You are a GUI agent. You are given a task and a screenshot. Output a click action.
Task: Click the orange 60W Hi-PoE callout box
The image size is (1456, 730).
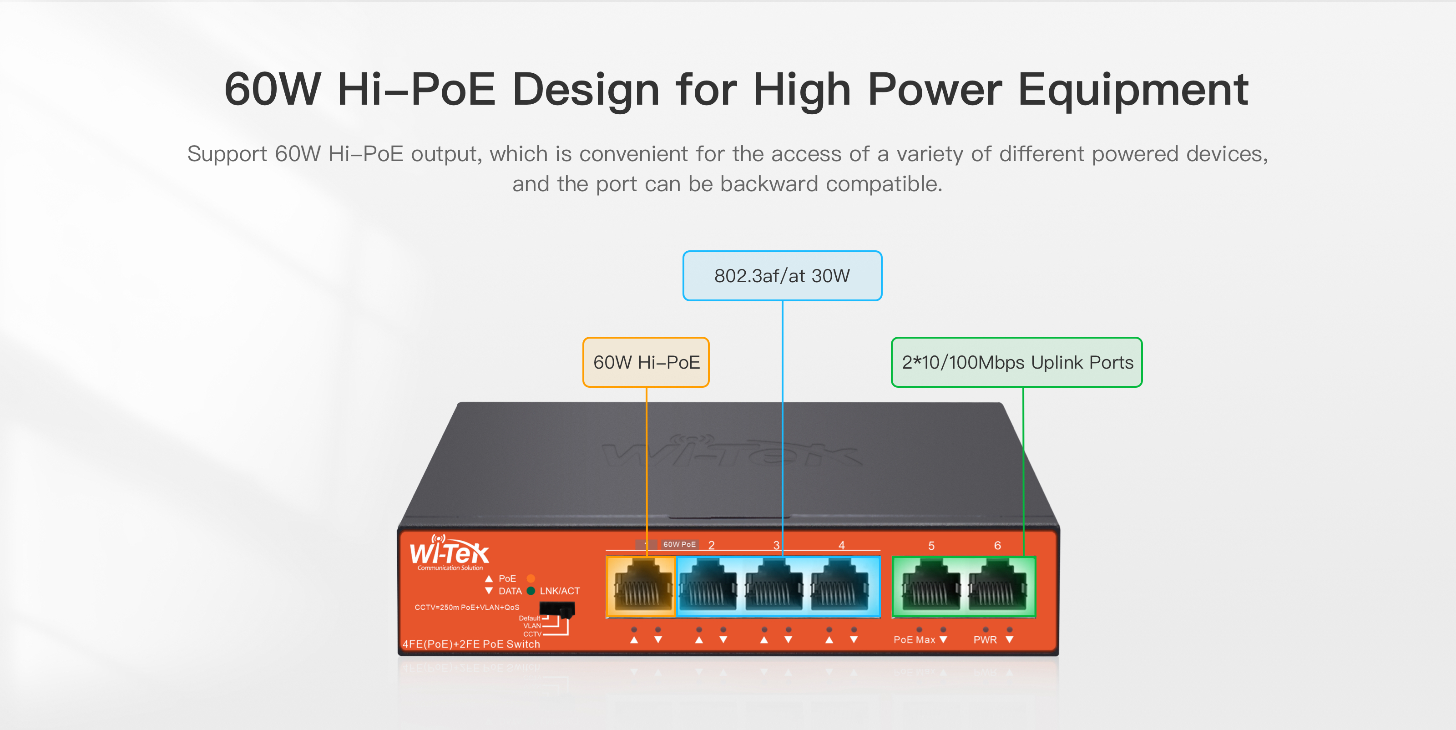(x=646, y=362)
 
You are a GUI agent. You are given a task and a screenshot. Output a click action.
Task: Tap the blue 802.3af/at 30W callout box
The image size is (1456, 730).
(x=782, y=276)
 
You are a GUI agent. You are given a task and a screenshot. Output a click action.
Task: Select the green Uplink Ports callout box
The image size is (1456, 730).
(x=1016, y=362)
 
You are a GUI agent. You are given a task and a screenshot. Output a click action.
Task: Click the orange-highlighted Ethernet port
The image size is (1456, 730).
(x=641, y=586)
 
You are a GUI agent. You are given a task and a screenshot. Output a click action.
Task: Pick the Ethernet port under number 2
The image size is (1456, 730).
(x=709, y=586)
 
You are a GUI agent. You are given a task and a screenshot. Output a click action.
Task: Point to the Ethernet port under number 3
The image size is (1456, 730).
(x=774, y=586)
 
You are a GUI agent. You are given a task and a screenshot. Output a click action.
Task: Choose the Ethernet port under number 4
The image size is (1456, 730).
(x=840, y=586)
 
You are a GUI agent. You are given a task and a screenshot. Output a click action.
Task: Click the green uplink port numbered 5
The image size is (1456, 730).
(x=931, y=586)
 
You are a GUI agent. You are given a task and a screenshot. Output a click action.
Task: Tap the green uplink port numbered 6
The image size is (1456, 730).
(x=997, y=586)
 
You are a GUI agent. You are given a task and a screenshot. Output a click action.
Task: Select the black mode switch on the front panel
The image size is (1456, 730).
(x=557, y=609)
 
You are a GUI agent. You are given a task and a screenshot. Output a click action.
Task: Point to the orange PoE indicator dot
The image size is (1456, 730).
(x=531, y=578)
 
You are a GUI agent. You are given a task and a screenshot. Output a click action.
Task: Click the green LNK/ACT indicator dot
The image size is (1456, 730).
(x=531, y=591)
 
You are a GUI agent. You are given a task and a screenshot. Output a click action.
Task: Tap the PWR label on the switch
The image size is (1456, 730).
(x=985, y=639)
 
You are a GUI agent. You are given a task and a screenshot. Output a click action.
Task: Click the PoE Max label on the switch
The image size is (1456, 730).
(x=914, y=639)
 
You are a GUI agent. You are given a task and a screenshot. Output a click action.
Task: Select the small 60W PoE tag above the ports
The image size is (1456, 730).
(x=679, y=544)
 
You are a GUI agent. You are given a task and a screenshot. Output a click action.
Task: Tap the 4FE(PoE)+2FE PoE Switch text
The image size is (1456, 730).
(x=471, y=644)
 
